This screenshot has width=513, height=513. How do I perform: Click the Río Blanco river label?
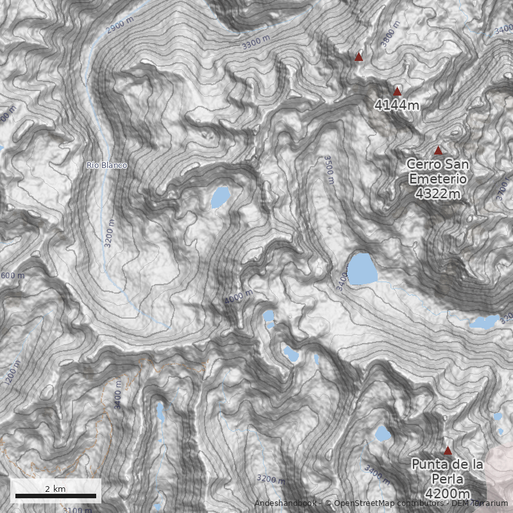pos(106,165)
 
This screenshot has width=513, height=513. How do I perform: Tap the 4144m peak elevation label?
pos(397,105)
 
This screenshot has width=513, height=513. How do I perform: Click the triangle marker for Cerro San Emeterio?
pos(438,151)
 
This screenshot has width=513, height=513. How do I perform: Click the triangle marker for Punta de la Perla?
pos(448,451)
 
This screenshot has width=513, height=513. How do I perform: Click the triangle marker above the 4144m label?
pos(397,92)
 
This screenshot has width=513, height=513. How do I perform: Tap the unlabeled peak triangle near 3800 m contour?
pos(358,57)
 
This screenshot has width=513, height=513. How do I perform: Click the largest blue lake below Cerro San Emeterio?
pos(360,268)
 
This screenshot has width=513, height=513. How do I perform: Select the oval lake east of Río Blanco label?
pos(220,197)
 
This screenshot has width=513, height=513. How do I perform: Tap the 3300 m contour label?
pos(256,43)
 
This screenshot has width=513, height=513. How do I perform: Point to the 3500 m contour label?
pos(329,169)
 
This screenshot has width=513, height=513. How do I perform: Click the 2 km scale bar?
pos(55,495)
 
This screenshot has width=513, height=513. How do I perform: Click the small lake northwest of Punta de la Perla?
pos(382,433)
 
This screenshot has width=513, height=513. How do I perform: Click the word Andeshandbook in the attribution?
pos(285,503)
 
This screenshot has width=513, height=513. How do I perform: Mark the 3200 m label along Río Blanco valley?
pos(110,233)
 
